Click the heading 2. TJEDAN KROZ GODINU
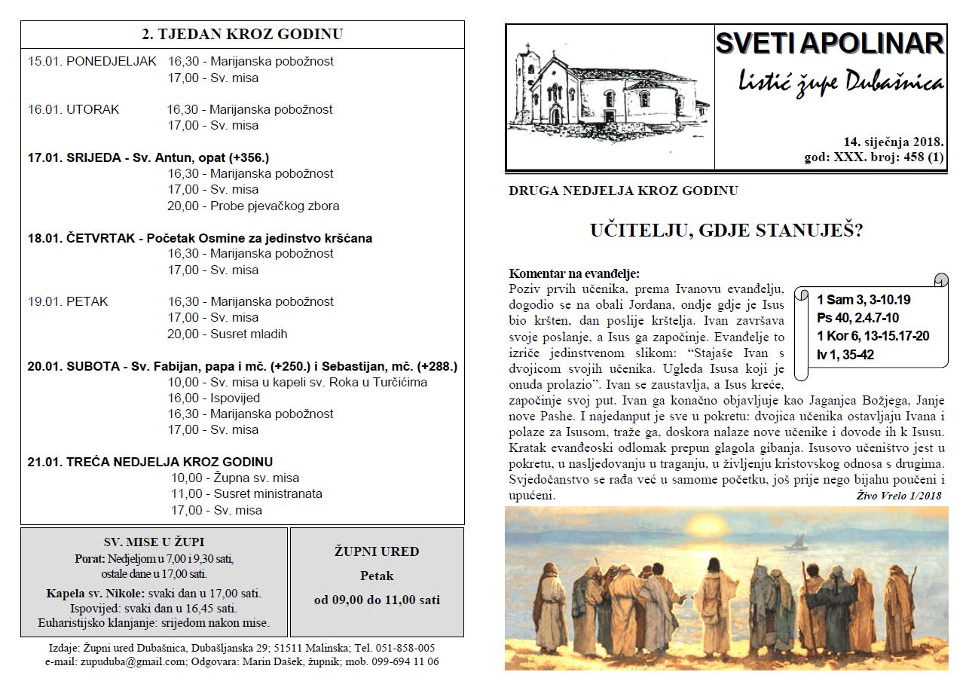click(x=242, y=35)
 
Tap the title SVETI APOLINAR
click(x=829, y=44)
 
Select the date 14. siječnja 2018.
click(x=894, y=141)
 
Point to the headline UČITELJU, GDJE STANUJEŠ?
click(x=726, y=231)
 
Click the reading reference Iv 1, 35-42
click(x=845, y=354)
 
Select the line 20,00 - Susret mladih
click(x=228, y=334)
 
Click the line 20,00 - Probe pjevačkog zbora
click(x=253, y=206)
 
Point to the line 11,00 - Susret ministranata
click(x=246, y=494)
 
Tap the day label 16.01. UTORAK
click(x=74, y=109)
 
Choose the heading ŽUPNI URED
click(x=377, y=551)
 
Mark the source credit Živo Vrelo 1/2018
click(x=899, y=496)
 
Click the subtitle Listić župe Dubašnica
click(x=840, y=82)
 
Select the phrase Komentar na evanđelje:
click(x=574, y=273)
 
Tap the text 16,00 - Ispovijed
click(x=214, y=398)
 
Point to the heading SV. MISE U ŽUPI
click(x=154, y=542)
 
